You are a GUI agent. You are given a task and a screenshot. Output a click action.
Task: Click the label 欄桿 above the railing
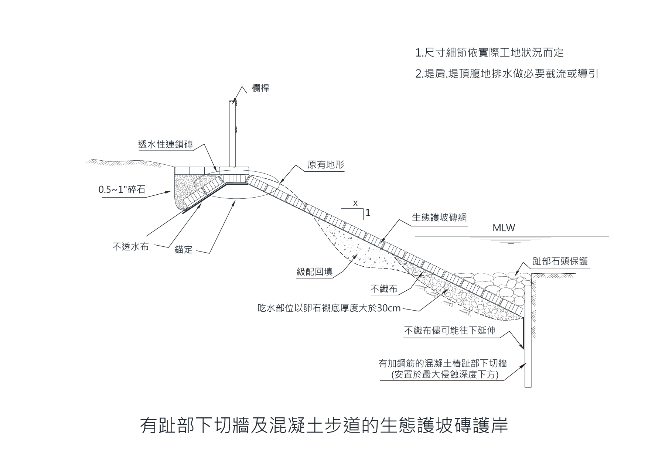click(260, 88)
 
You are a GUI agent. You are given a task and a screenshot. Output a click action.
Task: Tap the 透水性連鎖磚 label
click(166, 144)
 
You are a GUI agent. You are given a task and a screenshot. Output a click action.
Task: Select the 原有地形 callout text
click(325, 164)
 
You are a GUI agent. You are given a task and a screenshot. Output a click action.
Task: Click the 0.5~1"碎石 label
click(122, 190)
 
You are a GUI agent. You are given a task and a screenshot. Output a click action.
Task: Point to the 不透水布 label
click(130, 246)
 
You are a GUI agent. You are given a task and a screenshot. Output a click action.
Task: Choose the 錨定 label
click(184, 250)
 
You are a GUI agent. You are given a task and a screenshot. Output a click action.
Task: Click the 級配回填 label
click(314, 272)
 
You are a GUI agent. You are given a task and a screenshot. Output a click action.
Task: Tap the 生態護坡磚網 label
click(439, 217)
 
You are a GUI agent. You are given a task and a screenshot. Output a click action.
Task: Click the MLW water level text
click(504, 228)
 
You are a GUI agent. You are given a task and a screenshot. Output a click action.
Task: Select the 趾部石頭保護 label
click(560, 261)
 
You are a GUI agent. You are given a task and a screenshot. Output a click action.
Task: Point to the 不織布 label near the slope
click(384, 289)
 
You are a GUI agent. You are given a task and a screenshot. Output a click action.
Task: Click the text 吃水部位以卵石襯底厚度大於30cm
click(329, 308)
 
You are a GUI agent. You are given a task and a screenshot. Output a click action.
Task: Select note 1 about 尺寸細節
click(490, 53)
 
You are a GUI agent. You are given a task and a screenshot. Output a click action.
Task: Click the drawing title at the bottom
click(324, 425)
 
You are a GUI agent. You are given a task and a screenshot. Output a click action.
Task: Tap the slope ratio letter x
click(355, 203)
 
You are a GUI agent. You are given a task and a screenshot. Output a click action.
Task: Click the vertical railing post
click(232, 133)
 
